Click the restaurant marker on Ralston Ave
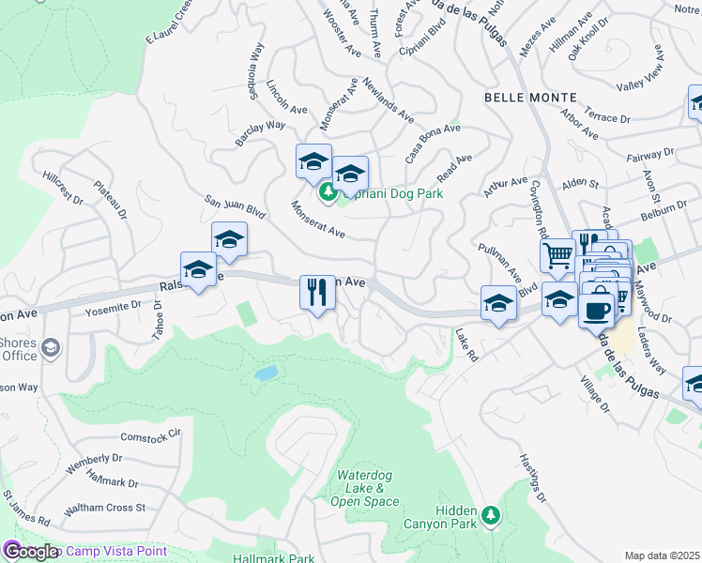click(317, 292)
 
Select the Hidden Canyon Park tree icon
click(489, 514)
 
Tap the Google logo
click(30, 552)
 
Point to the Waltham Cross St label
click(104, 509)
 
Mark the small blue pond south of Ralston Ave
click(266, 373)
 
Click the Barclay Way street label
click(260, 131)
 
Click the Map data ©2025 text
click(662, 555)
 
